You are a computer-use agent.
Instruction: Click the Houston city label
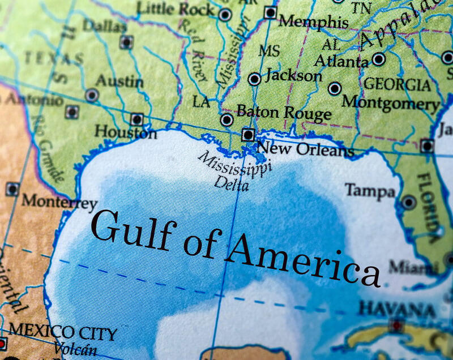pos(125,132)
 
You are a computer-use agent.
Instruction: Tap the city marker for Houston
pos(136,119)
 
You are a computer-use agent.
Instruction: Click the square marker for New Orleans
pos(247,135)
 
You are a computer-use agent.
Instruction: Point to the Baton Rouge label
pos(284,113)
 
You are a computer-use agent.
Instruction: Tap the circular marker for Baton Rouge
pos(226,119)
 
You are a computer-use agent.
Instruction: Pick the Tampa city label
pos(370,190)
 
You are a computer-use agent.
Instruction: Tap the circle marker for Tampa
pos(408,202)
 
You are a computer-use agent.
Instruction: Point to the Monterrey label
pos(59,202)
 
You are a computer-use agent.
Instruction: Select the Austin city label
pos(119,81)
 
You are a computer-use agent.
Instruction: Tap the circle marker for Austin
pos(91,95)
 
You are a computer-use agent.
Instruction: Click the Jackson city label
pos(294,75)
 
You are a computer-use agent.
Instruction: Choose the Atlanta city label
pos(341,61)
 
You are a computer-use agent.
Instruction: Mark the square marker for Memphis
pos(271,12)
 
